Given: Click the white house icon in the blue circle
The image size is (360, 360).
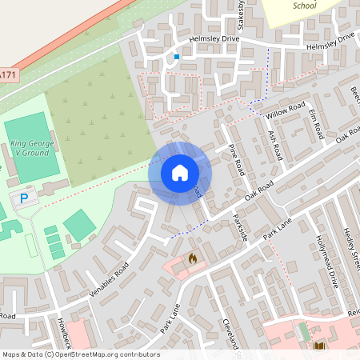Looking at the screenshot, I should [180, 172].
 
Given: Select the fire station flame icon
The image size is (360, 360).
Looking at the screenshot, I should [192, 258].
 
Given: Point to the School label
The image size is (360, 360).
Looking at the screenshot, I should [305, 6].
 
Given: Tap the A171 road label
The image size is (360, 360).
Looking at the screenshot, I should [7, 74].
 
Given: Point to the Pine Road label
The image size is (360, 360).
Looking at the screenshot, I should [237, 161].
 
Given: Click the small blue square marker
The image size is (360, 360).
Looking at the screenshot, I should [176, 57].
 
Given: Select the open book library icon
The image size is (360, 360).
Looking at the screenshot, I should [319, 346].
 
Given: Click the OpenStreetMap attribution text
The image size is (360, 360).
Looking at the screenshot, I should [81, 354].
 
